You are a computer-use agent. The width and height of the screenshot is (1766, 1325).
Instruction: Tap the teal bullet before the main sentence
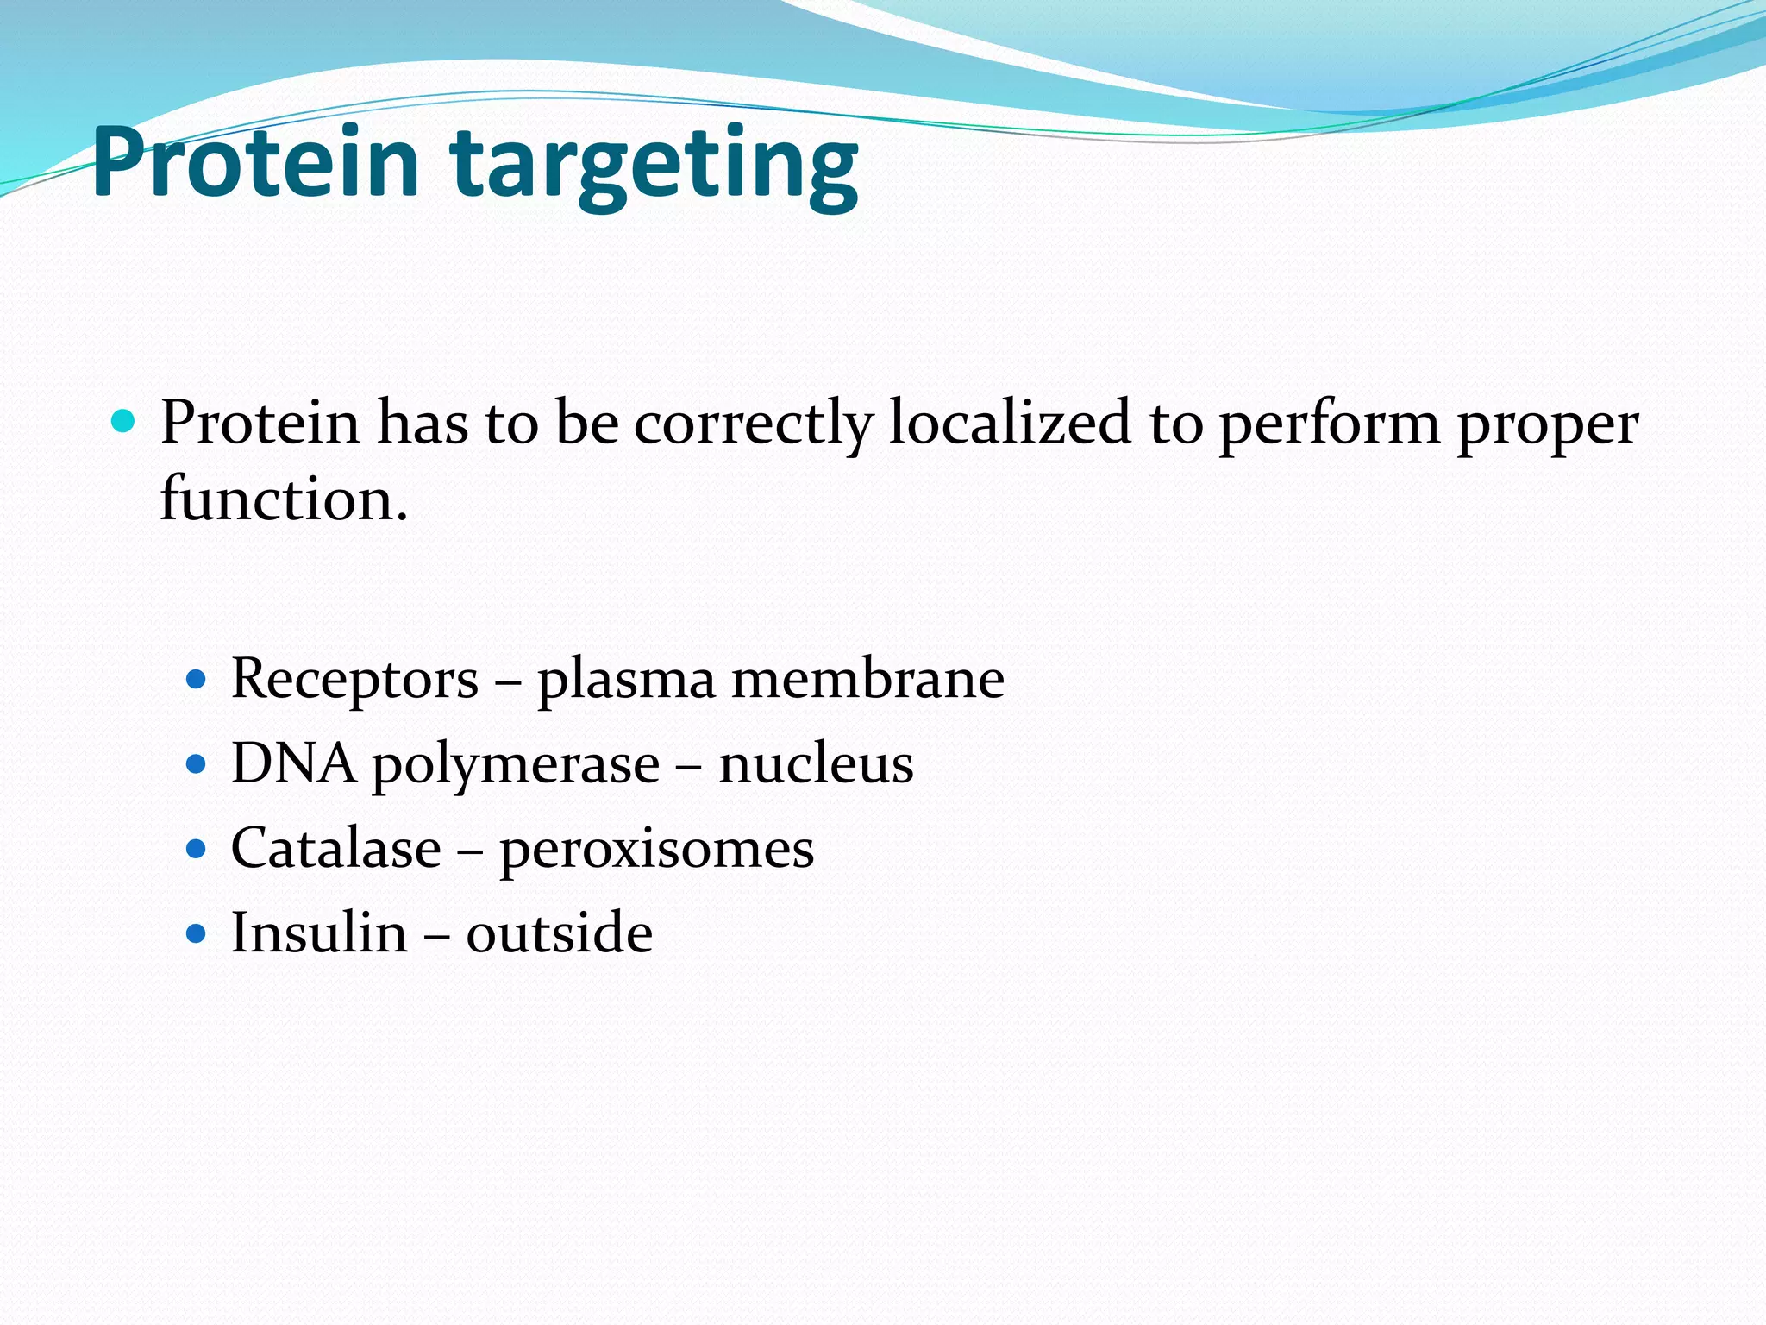click(x=124, y=422)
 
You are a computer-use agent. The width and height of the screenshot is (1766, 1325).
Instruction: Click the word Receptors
click(x=354, y=679)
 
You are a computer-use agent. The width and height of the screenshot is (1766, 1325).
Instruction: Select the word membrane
click(x=867, y=678)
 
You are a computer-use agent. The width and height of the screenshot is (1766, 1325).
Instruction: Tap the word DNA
click(x=293, y=763)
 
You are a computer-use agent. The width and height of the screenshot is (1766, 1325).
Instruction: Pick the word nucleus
click(x=816, y=763)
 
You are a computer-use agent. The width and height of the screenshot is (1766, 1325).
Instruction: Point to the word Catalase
click(x=336, y=848)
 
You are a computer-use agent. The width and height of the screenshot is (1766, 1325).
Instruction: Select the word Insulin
click(x=319, y=933)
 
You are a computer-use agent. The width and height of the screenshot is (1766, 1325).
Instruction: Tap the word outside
click(x=559, y=933)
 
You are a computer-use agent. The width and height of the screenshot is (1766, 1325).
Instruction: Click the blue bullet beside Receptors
click(x=197, y=679)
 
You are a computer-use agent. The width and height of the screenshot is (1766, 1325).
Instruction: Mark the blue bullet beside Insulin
click(x=197, y=933)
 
